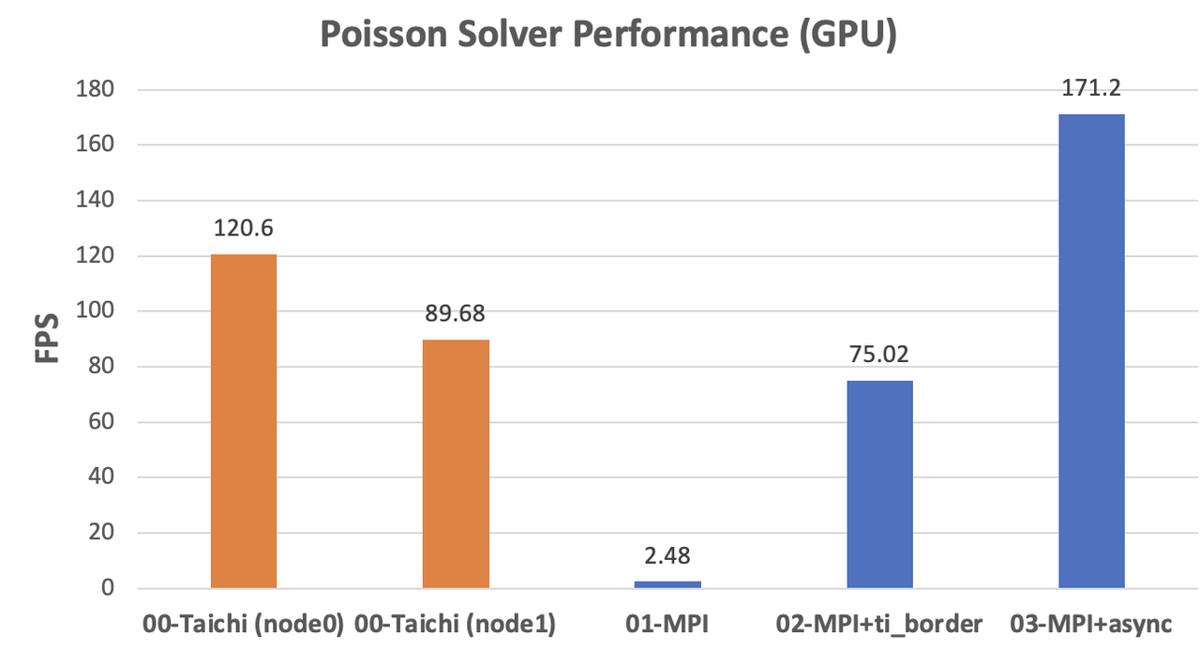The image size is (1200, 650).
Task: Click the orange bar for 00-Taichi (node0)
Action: pyautogui.click(x=244, y=421)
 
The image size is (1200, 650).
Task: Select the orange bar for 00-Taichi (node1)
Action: pyautogui.click(x=456, y=463)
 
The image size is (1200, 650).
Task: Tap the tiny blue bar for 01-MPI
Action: pyautogui.click(x=667, y=584)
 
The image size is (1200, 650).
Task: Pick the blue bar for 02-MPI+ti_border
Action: pyautogui.click(x=879, y=484)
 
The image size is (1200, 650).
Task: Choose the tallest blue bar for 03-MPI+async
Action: pyautogui.click(x=1091, y=352)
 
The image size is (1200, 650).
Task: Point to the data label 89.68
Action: pyautogui.click(x=456, y=314)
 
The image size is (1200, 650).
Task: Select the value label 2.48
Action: pyautogui.click(x=667, y=556)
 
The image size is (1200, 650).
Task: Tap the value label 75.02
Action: pyautogui.click(x=879, y=355)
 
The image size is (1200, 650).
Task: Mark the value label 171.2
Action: pyautogui.click(x=1091, y=89)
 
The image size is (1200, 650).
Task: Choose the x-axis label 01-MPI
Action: pyautogui.click(x=667, y=624)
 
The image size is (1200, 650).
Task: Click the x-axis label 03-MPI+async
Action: pyautogui.click(x=1091, y=624)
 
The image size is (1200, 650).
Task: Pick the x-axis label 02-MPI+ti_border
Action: pyautogui.click(x=879, y=624)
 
